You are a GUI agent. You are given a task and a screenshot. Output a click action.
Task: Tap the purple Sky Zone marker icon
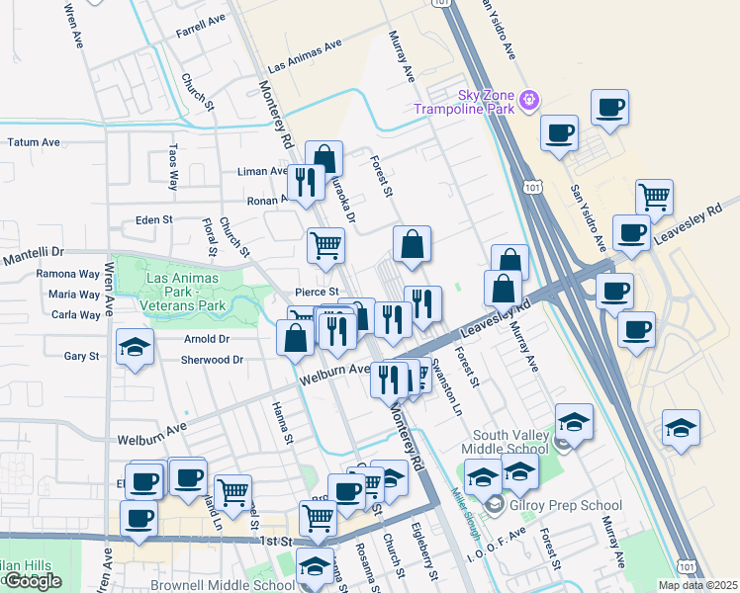point(529,99)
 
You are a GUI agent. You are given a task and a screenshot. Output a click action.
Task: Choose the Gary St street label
point(81,356)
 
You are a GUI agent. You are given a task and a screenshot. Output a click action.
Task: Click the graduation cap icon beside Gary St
point(136,347)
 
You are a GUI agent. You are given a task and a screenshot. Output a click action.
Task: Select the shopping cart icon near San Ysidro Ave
point(654,198)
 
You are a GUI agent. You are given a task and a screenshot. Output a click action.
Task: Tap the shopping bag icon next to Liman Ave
point(324,158)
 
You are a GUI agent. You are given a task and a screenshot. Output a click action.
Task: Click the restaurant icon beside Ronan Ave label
point(305,181)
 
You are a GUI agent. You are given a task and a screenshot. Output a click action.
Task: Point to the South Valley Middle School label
point(510,442)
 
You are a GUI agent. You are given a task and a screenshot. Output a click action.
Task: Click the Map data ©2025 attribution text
point(705,585)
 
